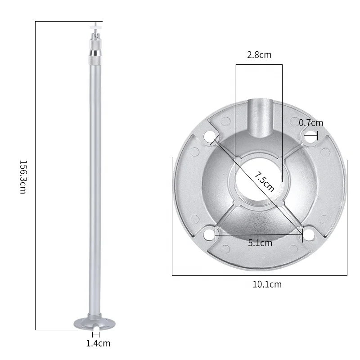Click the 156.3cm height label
(x=22, y=176)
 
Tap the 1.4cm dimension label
(x=98, y=343)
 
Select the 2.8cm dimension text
(x=259, y=55)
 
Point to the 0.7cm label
(x=311, y=122)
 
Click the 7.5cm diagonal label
(x=264, y=181)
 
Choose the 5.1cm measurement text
(x=260, y=243)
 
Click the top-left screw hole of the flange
(x=209, y=136)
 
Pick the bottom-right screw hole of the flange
(x=309, y=234)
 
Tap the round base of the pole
(x=94, y=323)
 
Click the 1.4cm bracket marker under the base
(x=96, y=334)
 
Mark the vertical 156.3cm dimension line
(x=36, y=175)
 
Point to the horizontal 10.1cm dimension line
(x=259, y=275)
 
